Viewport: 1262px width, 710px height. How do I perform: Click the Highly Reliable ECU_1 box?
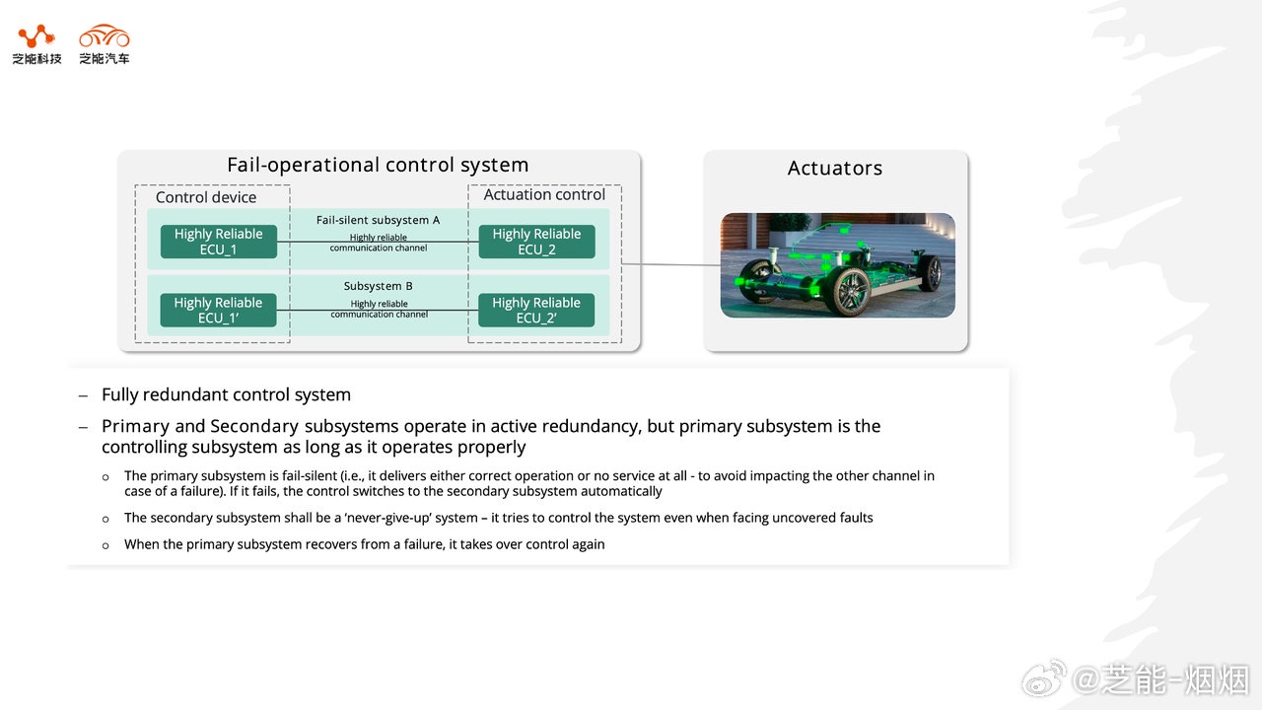218,242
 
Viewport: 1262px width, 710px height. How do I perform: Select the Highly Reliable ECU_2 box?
536,242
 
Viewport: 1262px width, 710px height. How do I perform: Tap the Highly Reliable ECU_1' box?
218,310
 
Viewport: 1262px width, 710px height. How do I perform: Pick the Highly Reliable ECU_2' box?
536,310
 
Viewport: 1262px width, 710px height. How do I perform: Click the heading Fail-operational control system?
378,165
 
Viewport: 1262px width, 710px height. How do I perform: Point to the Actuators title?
835,169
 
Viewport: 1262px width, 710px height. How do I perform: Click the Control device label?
206,197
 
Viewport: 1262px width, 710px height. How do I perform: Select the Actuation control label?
544,195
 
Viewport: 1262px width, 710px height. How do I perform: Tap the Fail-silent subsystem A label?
379,220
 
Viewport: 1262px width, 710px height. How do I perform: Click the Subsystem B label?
379,286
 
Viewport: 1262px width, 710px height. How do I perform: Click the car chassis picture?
837,264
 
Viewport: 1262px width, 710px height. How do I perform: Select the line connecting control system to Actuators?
670,264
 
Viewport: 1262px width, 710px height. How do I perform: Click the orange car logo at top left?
105,36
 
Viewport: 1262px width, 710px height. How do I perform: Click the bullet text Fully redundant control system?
226,395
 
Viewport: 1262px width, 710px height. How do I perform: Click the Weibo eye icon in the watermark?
1043,678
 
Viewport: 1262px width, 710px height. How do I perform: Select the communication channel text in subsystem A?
379,243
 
